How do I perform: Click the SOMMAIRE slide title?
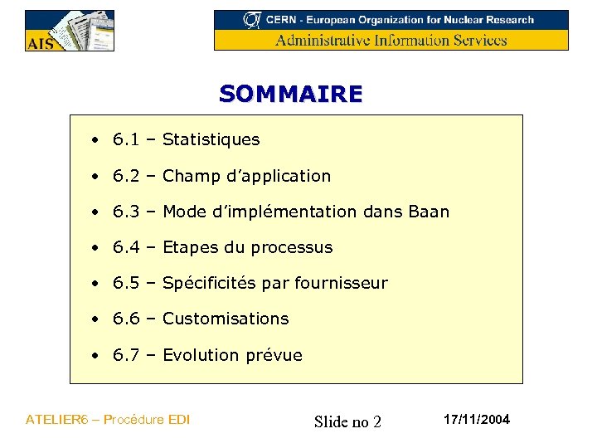pyautogui.click(x=291, y=94)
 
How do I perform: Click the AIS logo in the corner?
pyautogui.click(x=69, y=31)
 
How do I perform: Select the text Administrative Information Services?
pyautogui.click(x=391, y=40)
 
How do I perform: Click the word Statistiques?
pyautogui.click(x=211, y=140)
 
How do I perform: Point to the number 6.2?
pyautogui.click(x=126, y=176)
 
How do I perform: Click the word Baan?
pyautogui.click(x=429, y=212)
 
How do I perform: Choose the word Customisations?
pyautogui.click(x=226, y=319)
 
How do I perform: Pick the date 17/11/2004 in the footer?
pyautogui.click(x=477, y=420)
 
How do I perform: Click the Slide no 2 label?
pyautogui.click(x=347, y=422)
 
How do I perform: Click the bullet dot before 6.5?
pyautogui.click(x=97, y=284)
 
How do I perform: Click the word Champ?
pyautogui.click(x=187, y=176)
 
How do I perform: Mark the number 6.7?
pyautogui.click(x=126, y=355)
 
